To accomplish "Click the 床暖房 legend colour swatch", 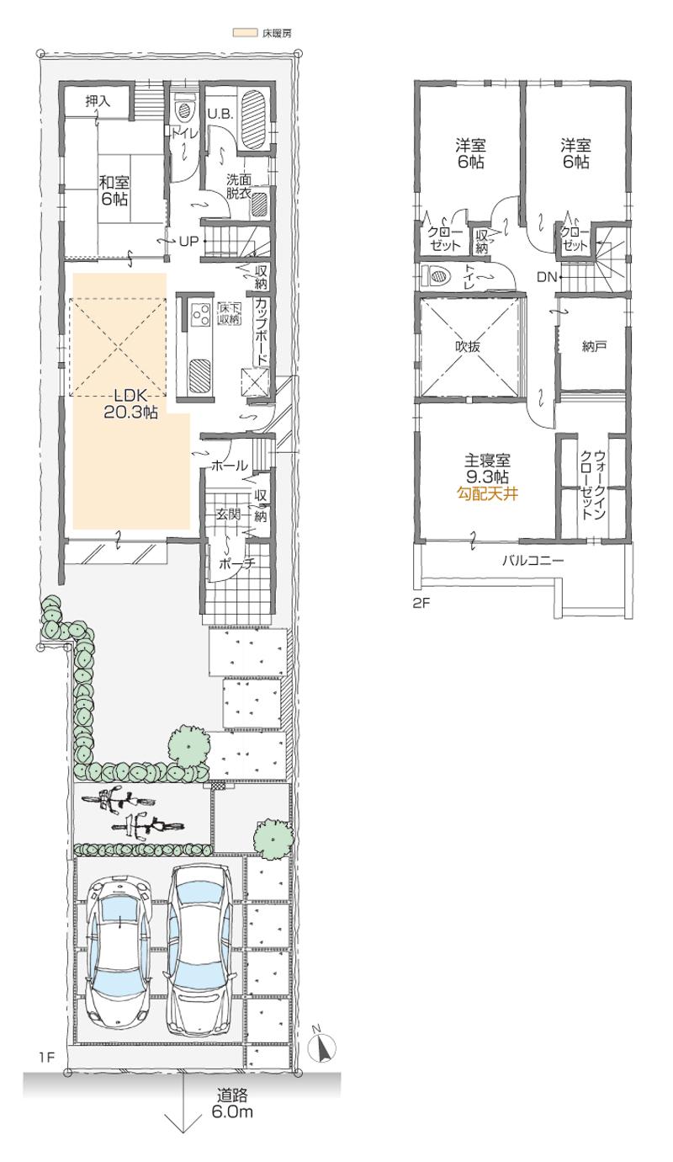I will point(245,33).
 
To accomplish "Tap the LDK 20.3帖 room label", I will point(130,403).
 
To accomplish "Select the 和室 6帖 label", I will point(114,190).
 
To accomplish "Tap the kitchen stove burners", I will point(200,315).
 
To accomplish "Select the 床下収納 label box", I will point(229,313).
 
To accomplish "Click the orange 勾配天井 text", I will point(486,494).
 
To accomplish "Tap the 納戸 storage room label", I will point(594,346).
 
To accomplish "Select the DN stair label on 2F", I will point(546,276).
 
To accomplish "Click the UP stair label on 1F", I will point(188,241).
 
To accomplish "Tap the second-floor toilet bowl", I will point(438,275).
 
